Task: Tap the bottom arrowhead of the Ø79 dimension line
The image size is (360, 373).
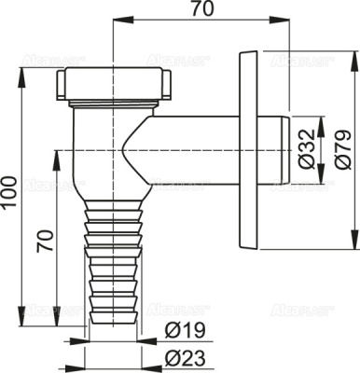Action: pos(355,249)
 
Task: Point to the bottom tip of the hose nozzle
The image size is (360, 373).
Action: pos(112,317)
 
